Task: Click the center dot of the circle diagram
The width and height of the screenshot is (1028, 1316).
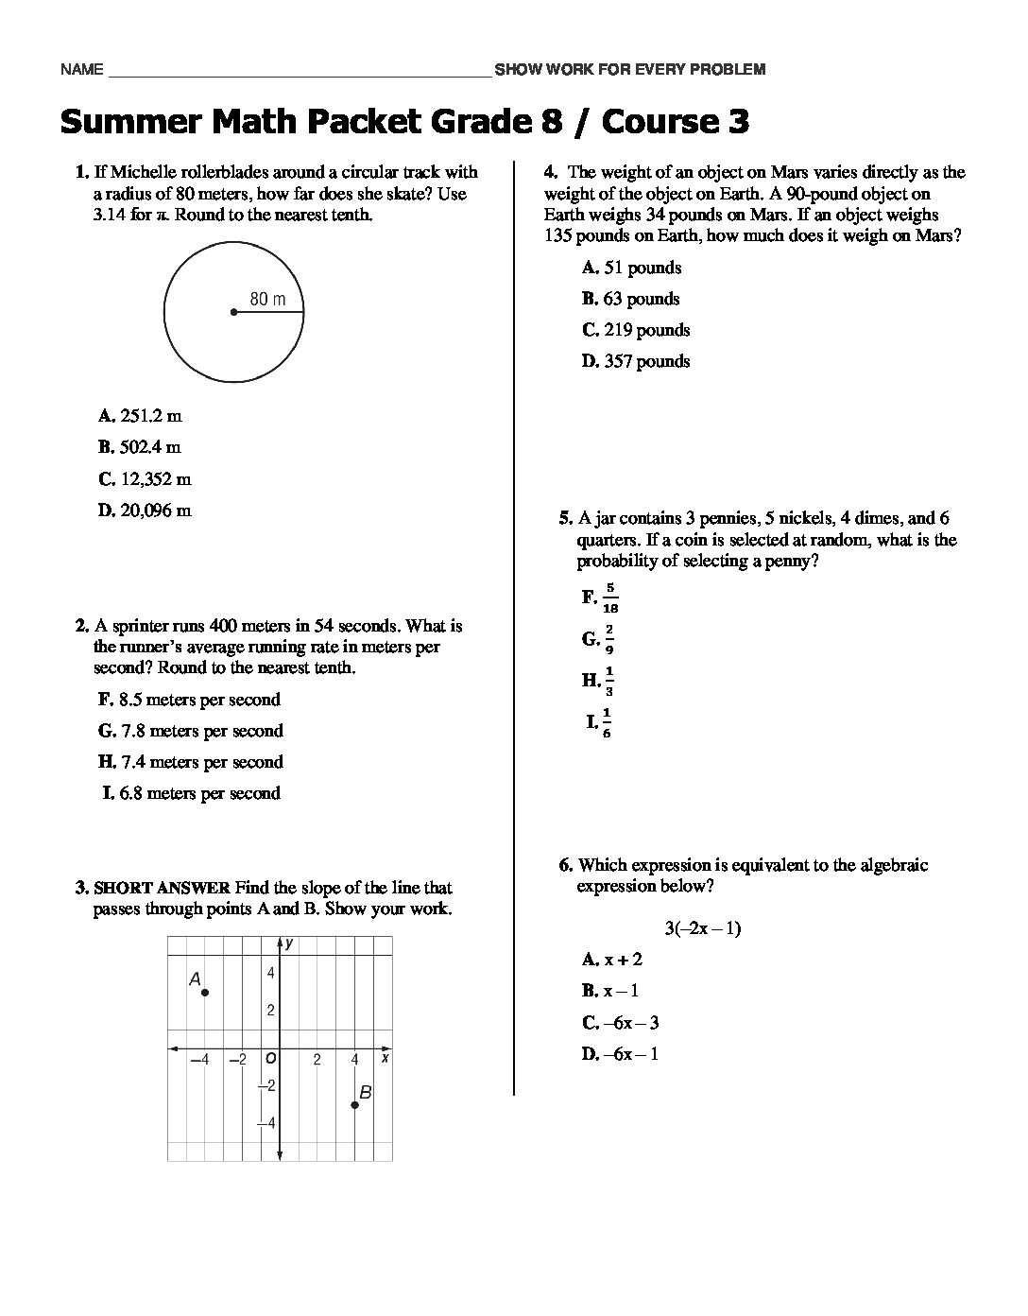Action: coord(233,312)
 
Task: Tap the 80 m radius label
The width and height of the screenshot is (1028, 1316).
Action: coord(267,299)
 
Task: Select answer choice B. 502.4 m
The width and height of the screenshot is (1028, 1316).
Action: coord(140,447)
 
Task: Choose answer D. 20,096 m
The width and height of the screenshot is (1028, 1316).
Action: coord(145,511)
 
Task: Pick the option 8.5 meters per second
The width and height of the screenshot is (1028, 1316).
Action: coord(189,700)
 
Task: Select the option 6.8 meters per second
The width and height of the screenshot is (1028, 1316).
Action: coord(192,793)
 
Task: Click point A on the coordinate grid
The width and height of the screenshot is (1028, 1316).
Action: coord(205,993)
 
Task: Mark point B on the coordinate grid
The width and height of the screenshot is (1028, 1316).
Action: coord(355,1104)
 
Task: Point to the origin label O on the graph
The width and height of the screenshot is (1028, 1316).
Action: coord(270,1059)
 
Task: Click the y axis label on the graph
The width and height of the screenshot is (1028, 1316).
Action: coord(289,944)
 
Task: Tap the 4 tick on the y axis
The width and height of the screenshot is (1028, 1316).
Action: coord(270,974)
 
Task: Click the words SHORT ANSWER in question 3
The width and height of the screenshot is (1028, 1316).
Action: coord(162,888)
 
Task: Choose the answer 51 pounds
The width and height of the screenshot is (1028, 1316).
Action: coord(632,268)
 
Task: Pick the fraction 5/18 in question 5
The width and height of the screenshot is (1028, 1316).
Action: coord(610,597)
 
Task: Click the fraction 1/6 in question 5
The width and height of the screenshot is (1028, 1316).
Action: coord(607,723)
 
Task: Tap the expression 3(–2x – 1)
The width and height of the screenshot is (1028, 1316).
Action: coord(702,928)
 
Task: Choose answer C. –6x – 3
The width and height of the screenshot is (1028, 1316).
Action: coord(621,1023)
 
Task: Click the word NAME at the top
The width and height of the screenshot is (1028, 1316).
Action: coord(80,69)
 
